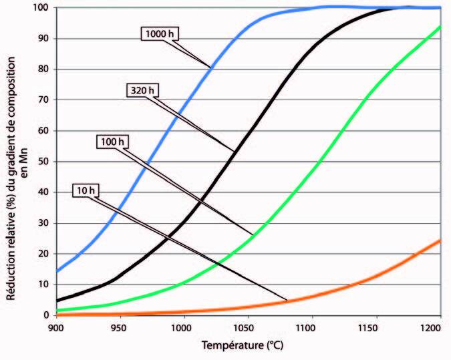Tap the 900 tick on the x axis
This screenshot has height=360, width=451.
pos(55,327)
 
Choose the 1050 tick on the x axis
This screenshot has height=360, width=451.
pos(247,327)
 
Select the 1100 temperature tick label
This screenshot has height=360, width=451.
pos(310,327)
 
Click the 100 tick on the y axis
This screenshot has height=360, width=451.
pos(39,7)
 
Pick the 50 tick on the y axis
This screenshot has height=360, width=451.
pos(42,162)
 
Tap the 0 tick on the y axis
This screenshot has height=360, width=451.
pos(45,315)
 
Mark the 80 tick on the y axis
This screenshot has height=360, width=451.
pos(42,69)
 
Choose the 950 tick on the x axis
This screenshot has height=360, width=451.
pos(119,327)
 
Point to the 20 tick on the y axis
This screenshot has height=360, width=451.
pos(42,254)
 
